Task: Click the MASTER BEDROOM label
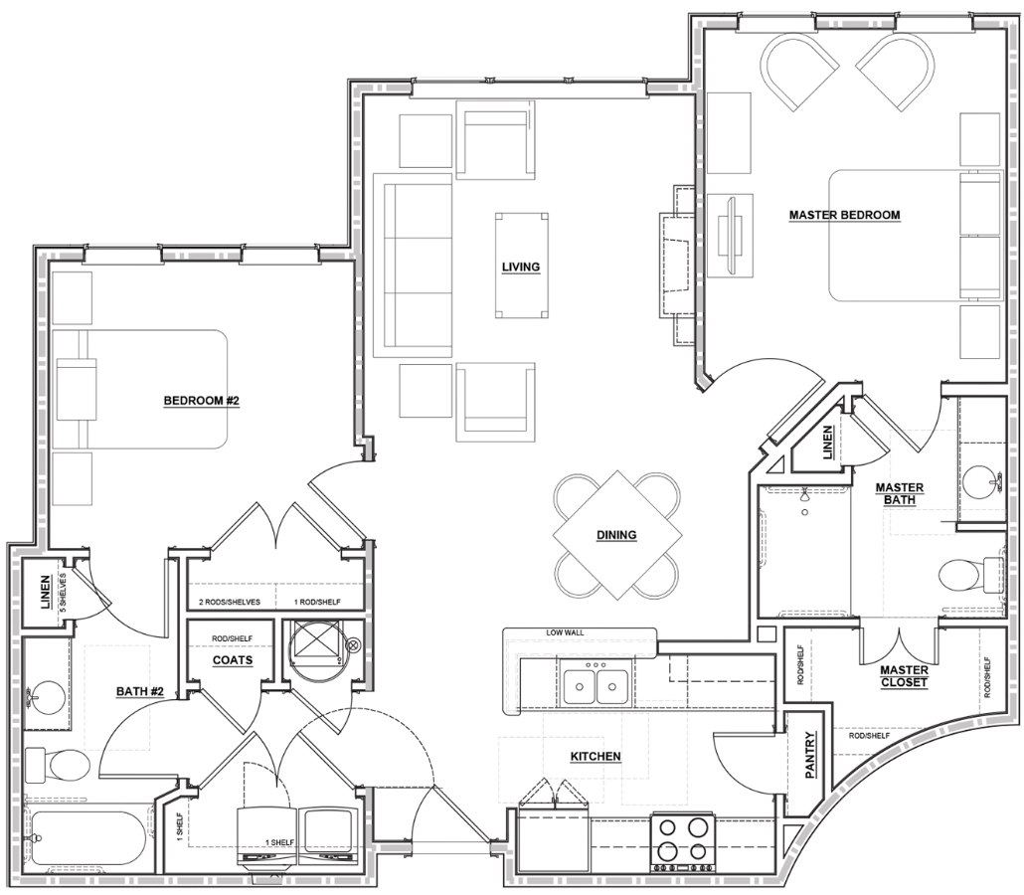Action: pos(844,215)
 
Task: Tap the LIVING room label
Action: pos(521,267)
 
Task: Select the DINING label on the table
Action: pos(616,535)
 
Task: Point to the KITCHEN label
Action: pos(596,757)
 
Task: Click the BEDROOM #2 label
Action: pos(202,401)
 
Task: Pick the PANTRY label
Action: pos(810,755)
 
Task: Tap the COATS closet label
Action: pos(233,660)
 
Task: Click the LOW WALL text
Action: pos(566,633)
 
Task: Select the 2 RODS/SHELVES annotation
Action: pos(230,603)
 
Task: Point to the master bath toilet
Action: pos(970,576)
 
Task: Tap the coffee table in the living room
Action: pos(521,266)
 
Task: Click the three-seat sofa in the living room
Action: pos(412,266)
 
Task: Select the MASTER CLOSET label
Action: pos(904,676)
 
